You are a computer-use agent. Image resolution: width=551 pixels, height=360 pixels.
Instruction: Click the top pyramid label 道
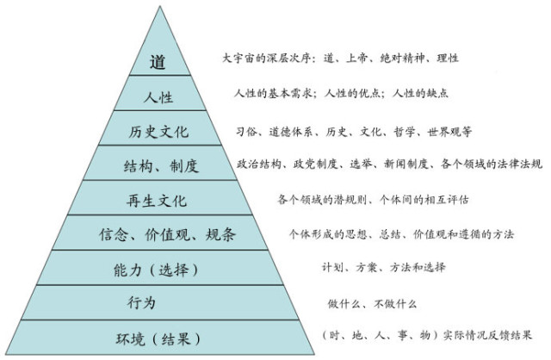tap(157, 62)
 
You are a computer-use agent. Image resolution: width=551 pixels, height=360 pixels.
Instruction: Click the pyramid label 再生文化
tap(157, 201)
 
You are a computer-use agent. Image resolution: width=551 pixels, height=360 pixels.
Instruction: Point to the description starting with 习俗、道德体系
tap(354, 132)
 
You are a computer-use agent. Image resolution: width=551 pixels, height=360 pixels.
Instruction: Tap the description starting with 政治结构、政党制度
tap(389, 163)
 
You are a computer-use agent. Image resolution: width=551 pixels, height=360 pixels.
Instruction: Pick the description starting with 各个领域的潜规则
tap(374, 199)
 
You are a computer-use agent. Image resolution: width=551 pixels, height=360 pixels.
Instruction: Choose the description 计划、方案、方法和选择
tap(384, 267)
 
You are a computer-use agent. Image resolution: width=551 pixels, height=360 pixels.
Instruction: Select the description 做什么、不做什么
tap(372, 302)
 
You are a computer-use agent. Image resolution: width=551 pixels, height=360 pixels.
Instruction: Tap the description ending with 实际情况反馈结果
tap(425, 334)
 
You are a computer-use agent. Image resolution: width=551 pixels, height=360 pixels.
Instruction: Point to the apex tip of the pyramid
tap(159, 8)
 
